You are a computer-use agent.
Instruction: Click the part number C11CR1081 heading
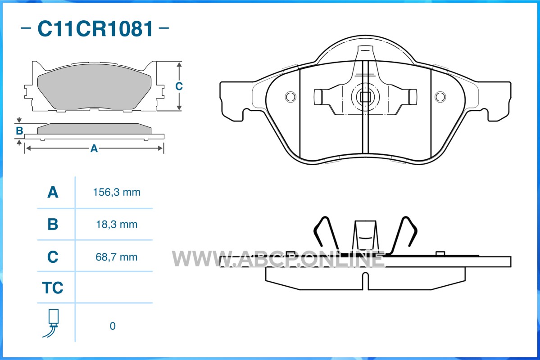pos(95,28)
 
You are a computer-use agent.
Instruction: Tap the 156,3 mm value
pos(117,192)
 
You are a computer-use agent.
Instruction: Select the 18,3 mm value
pos(117,225)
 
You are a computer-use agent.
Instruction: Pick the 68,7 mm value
pos(117,257)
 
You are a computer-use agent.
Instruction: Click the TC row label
pos(53,288)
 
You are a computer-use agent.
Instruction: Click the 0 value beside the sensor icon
pos(113,326)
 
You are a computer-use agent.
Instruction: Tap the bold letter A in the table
pos(53,192)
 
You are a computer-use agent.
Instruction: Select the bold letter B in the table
pos(53,225)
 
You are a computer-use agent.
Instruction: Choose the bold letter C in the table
pos(53,257)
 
